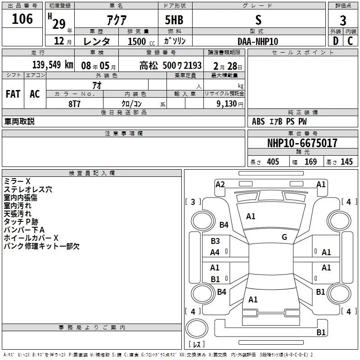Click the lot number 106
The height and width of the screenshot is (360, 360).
(22, 19)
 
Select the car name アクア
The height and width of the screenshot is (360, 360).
(116, 20)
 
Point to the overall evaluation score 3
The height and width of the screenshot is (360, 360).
(343, 21)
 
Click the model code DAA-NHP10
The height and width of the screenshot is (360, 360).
(257, 41)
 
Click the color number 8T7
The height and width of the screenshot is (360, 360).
(74, 103)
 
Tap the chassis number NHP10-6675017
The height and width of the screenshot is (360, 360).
(302, 143)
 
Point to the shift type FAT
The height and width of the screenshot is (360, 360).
(13, 94)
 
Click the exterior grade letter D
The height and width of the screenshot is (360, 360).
(335, 41)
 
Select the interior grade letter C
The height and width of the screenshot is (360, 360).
(350, 41)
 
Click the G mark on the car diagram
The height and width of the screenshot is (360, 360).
(284, 237)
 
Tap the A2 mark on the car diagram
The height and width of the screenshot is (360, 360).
(220, 184)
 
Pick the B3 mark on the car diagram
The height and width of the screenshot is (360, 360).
(215, 241)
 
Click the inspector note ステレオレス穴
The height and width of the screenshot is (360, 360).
(28, 189)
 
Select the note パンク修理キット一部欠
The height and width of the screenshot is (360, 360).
(41, 246)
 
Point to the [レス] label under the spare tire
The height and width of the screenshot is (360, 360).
(196, 345)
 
